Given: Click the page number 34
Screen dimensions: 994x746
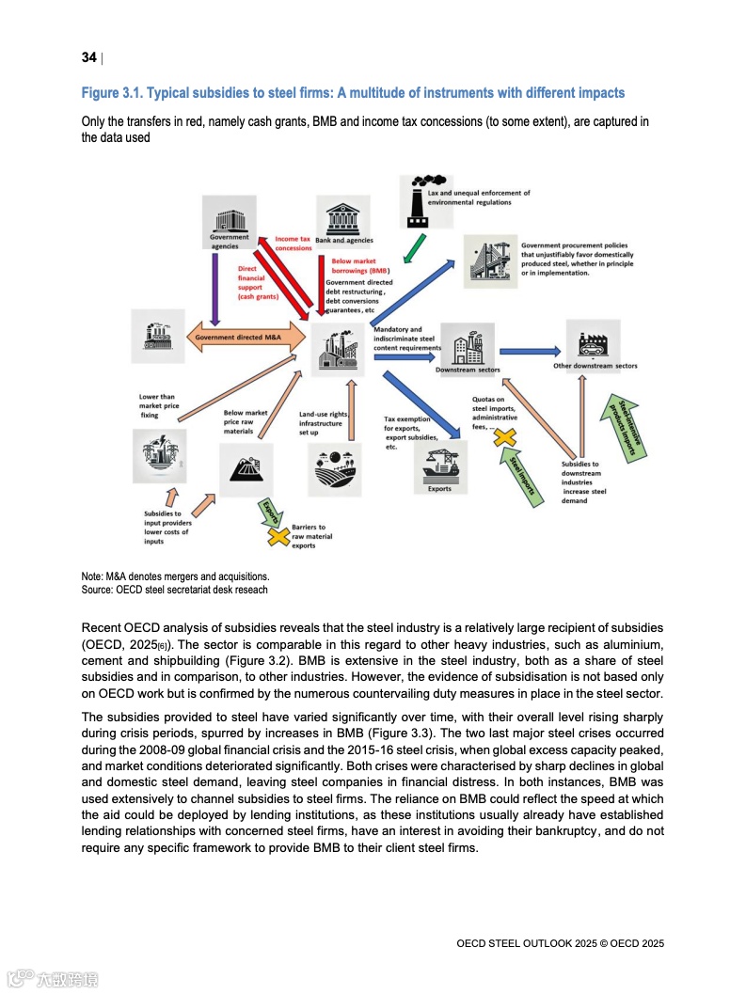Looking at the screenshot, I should click(x=89, y=58).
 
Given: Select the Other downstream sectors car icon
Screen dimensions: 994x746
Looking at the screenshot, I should click(x=594, y=341).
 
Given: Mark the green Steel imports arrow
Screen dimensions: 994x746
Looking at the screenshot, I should click(x=524, y=476).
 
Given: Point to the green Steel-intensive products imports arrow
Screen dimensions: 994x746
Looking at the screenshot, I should click(x=627, y=430).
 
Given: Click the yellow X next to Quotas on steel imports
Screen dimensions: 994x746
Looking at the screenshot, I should click(x=505, y=436).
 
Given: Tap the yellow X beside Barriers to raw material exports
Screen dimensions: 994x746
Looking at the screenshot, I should click(x=278, y=536).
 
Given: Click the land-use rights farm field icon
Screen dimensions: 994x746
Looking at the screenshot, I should click(x=334, y=468).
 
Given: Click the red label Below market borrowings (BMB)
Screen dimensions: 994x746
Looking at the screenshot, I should click(x=354, y=265).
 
